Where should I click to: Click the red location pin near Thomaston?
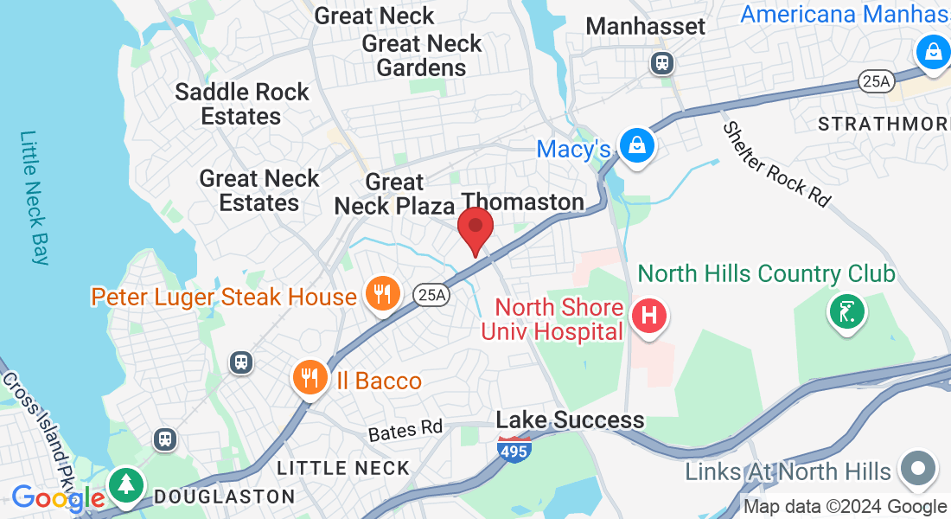[x=475, y=228]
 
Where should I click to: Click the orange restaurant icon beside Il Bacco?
[x=309, y=377]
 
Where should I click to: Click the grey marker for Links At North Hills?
[x=917, y=470]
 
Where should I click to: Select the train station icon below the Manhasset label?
[x=662, y=62]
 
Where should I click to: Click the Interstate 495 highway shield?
[x=510, y=448]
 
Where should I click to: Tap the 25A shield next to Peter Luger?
[x=431, y=295]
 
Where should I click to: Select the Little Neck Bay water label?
[x=35, y=197]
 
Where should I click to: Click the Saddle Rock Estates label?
[x=241, y=104]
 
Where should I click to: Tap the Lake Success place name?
[x=570, y=420]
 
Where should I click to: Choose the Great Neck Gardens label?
[x=422, y=55]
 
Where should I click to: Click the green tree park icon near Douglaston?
[x=126, y=482]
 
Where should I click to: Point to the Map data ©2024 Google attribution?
[x=845, y=507]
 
